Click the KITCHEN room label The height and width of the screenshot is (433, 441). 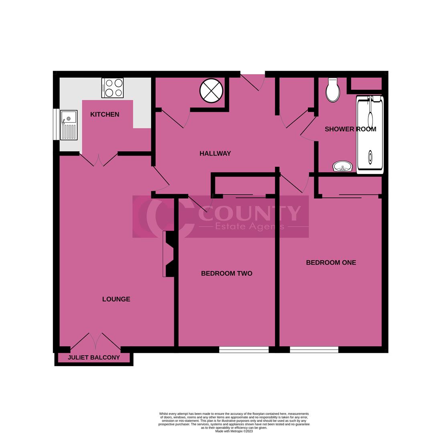pos(105,115)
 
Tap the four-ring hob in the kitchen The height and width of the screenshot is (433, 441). pos(112,88)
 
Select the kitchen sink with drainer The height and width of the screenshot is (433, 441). pos(69,125)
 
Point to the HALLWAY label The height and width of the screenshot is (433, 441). pos(215,154)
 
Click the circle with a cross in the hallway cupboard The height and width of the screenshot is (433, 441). pos(211,91)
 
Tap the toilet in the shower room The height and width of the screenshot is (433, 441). pos(333,90)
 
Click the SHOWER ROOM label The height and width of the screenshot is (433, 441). pos(350,129)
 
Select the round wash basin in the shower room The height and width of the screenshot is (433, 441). pos(342,166)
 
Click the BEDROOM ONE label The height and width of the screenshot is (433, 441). pos(331,263)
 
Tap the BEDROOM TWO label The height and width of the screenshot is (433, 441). pos(227,273)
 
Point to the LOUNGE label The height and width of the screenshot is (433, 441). pos(116,299)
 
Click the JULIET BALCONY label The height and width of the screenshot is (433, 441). pos(94,358)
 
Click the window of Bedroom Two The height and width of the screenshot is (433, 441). pos(244,350)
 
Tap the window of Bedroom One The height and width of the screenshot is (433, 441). pos(314,350)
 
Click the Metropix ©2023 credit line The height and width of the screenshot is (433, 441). pos(234,431)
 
